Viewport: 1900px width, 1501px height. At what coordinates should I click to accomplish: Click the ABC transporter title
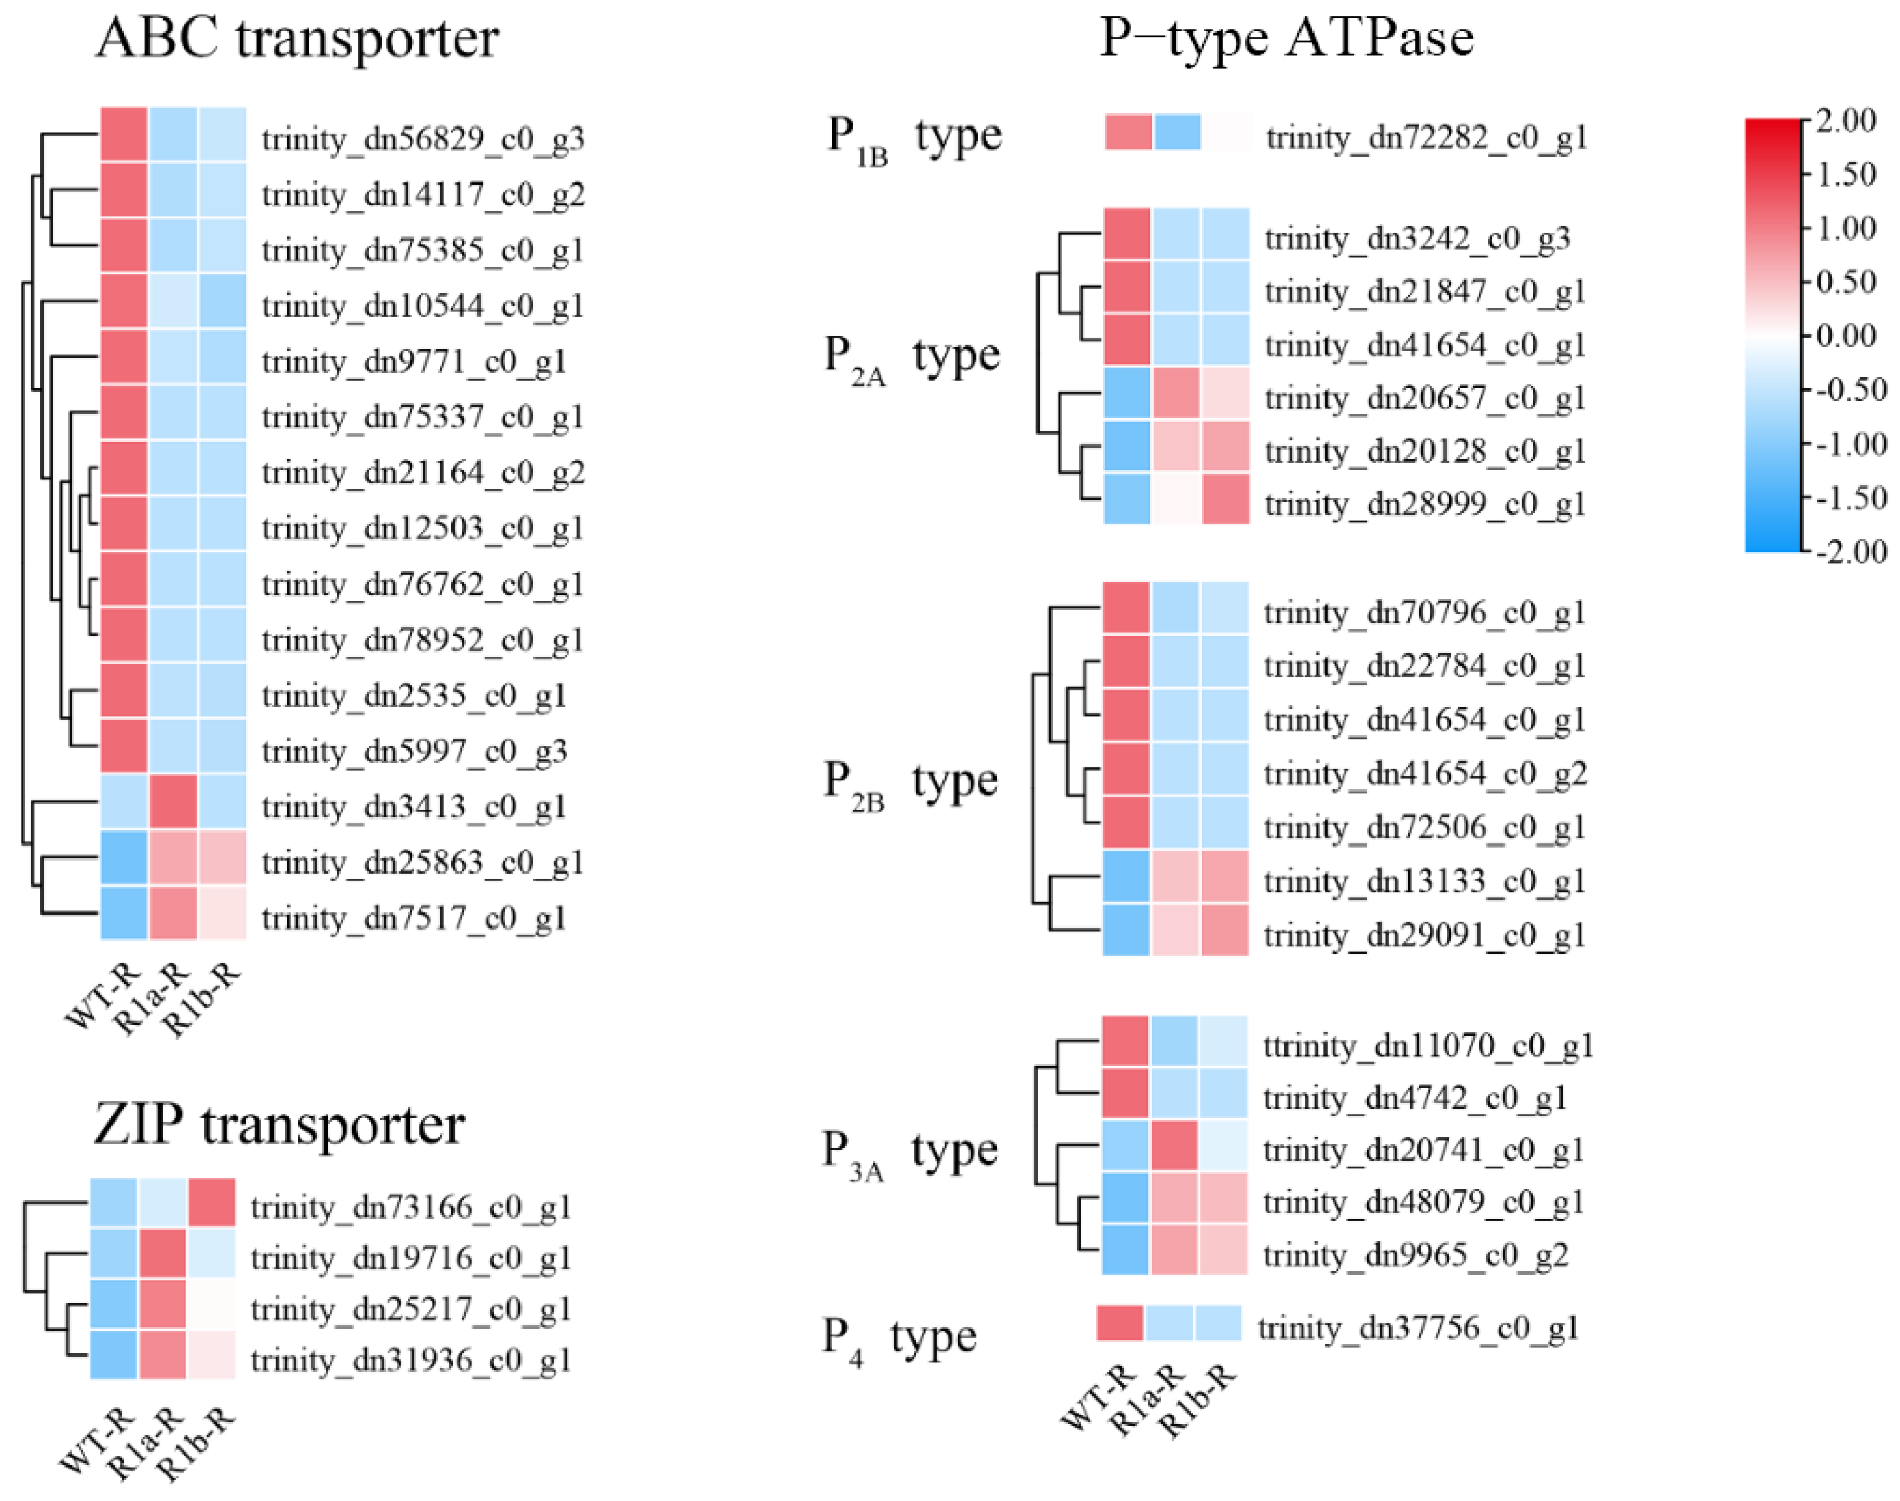tap(298, 39)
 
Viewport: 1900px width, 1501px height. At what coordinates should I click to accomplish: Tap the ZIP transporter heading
tap(279, 1125)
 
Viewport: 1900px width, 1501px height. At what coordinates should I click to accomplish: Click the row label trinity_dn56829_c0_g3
tap(423, 139)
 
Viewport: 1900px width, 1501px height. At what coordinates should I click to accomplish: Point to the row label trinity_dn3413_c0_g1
tap(413, 807)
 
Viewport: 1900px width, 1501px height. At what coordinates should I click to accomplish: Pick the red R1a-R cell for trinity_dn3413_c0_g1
tap(173, 802)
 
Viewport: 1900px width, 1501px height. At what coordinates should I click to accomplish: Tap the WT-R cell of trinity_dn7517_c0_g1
tap(124, 913)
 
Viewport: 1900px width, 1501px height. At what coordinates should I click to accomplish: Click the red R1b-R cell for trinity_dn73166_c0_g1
tap(211, 1202)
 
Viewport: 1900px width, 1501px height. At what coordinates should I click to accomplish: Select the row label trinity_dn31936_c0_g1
tap(410, 1360)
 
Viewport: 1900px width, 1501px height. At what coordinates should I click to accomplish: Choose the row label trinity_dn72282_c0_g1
tap(1426, 137)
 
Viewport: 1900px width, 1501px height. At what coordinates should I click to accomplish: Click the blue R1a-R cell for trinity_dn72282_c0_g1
tap(1177, 133)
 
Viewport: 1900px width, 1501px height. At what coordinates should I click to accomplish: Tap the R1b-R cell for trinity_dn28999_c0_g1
tap(1226, 499)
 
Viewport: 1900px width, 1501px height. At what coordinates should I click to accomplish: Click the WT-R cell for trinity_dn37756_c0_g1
tap(1119, 1323)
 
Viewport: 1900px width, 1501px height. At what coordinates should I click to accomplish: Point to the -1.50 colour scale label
tap(1851, 498)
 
